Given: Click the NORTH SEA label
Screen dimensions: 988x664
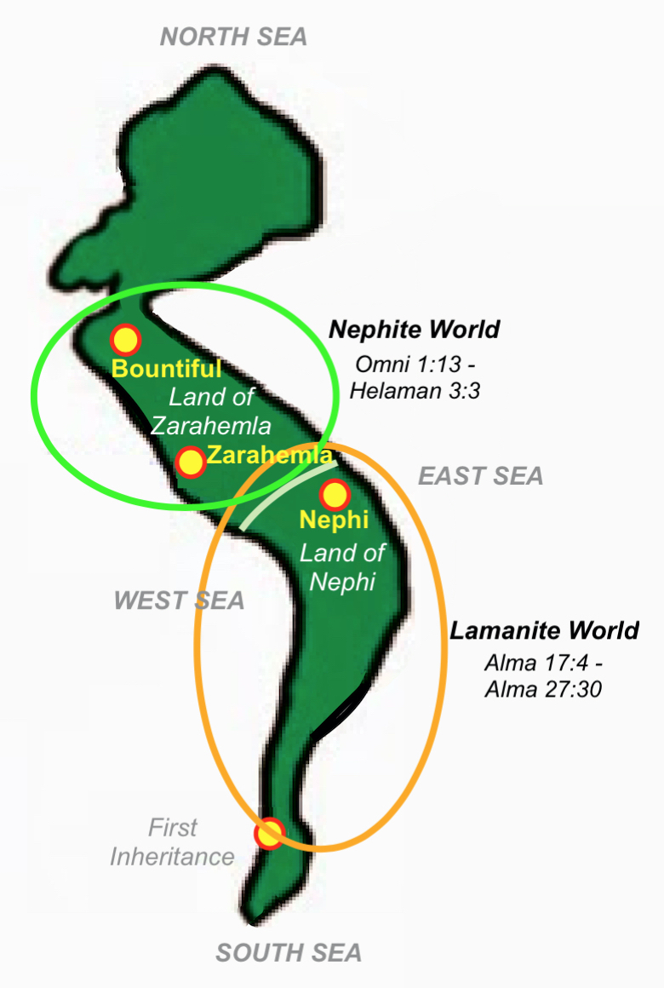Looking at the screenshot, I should pyautogui.click(x=233, y=36).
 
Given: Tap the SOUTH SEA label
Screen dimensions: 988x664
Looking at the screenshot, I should pyautogui.click(x=289, y=952).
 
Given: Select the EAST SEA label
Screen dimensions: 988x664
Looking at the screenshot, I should pyautogui.click(x=480, y=475).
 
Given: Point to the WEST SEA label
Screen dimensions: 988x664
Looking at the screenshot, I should pyautogui.click(x=179, y=600).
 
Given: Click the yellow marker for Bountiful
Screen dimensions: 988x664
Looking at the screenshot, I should pyautogui.click(x=125, y=340).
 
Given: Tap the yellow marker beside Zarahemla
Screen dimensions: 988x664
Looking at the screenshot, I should pyautogui.click(x=191, y=462).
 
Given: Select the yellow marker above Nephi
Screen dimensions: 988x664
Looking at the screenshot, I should pyautogui.click(x=334, y=494).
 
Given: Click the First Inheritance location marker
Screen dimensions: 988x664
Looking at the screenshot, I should pyautogui.click(x=270, y=833).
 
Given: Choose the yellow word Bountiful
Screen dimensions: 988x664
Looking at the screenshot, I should pyautogui.click(x=167, y=369).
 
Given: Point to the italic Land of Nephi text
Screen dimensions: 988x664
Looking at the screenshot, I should pyautogui.click(x=341, y=567).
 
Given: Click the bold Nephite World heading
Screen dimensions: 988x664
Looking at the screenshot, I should pyautogui.click(x=414, y=329).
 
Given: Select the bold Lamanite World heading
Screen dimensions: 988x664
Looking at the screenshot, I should pyautogui.click(x=544, y=631).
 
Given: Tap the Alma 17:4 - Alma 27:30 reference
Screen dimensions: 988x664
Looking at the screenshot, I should pyautogui.click(x=543, y=675).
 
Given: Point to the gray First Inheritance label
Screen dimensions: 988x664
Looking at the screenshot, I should pyautogui.click(x=172, y=842).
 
